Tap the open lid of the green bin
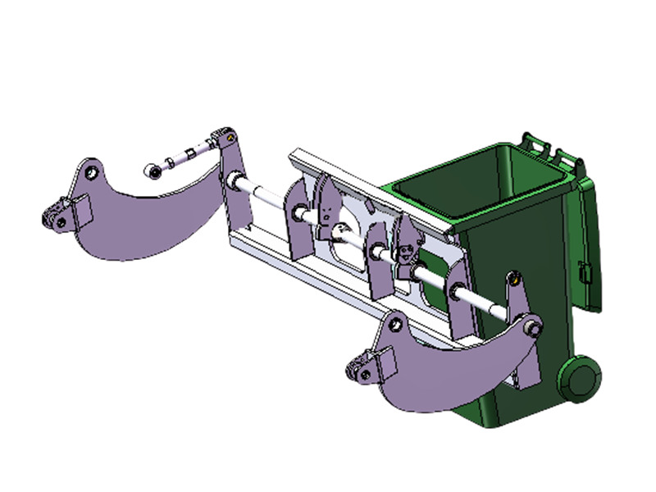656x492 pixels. coord(593,238)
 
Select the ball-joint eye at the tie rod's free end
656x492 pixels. coord(153,171)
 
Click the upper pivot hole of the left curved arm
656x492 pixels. coord(93,172)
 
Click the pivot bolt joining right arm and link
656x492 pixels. coord(535,329)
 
